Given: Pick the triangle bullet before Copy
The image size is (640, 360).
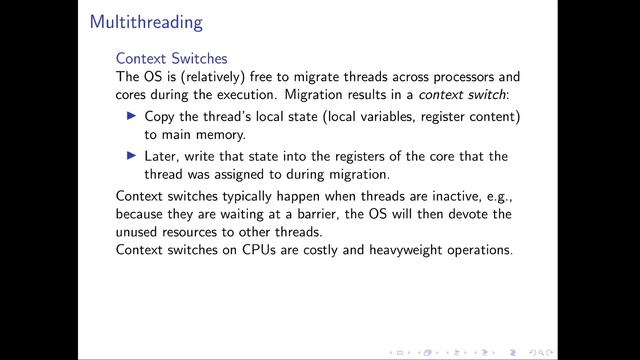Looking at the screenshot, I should tap(136, 116).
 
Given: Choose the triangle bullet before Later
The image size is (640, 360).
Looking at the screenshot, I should tap(136, 156).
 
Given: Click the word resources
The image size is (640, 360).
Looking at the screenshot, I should tap(201, 231).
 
